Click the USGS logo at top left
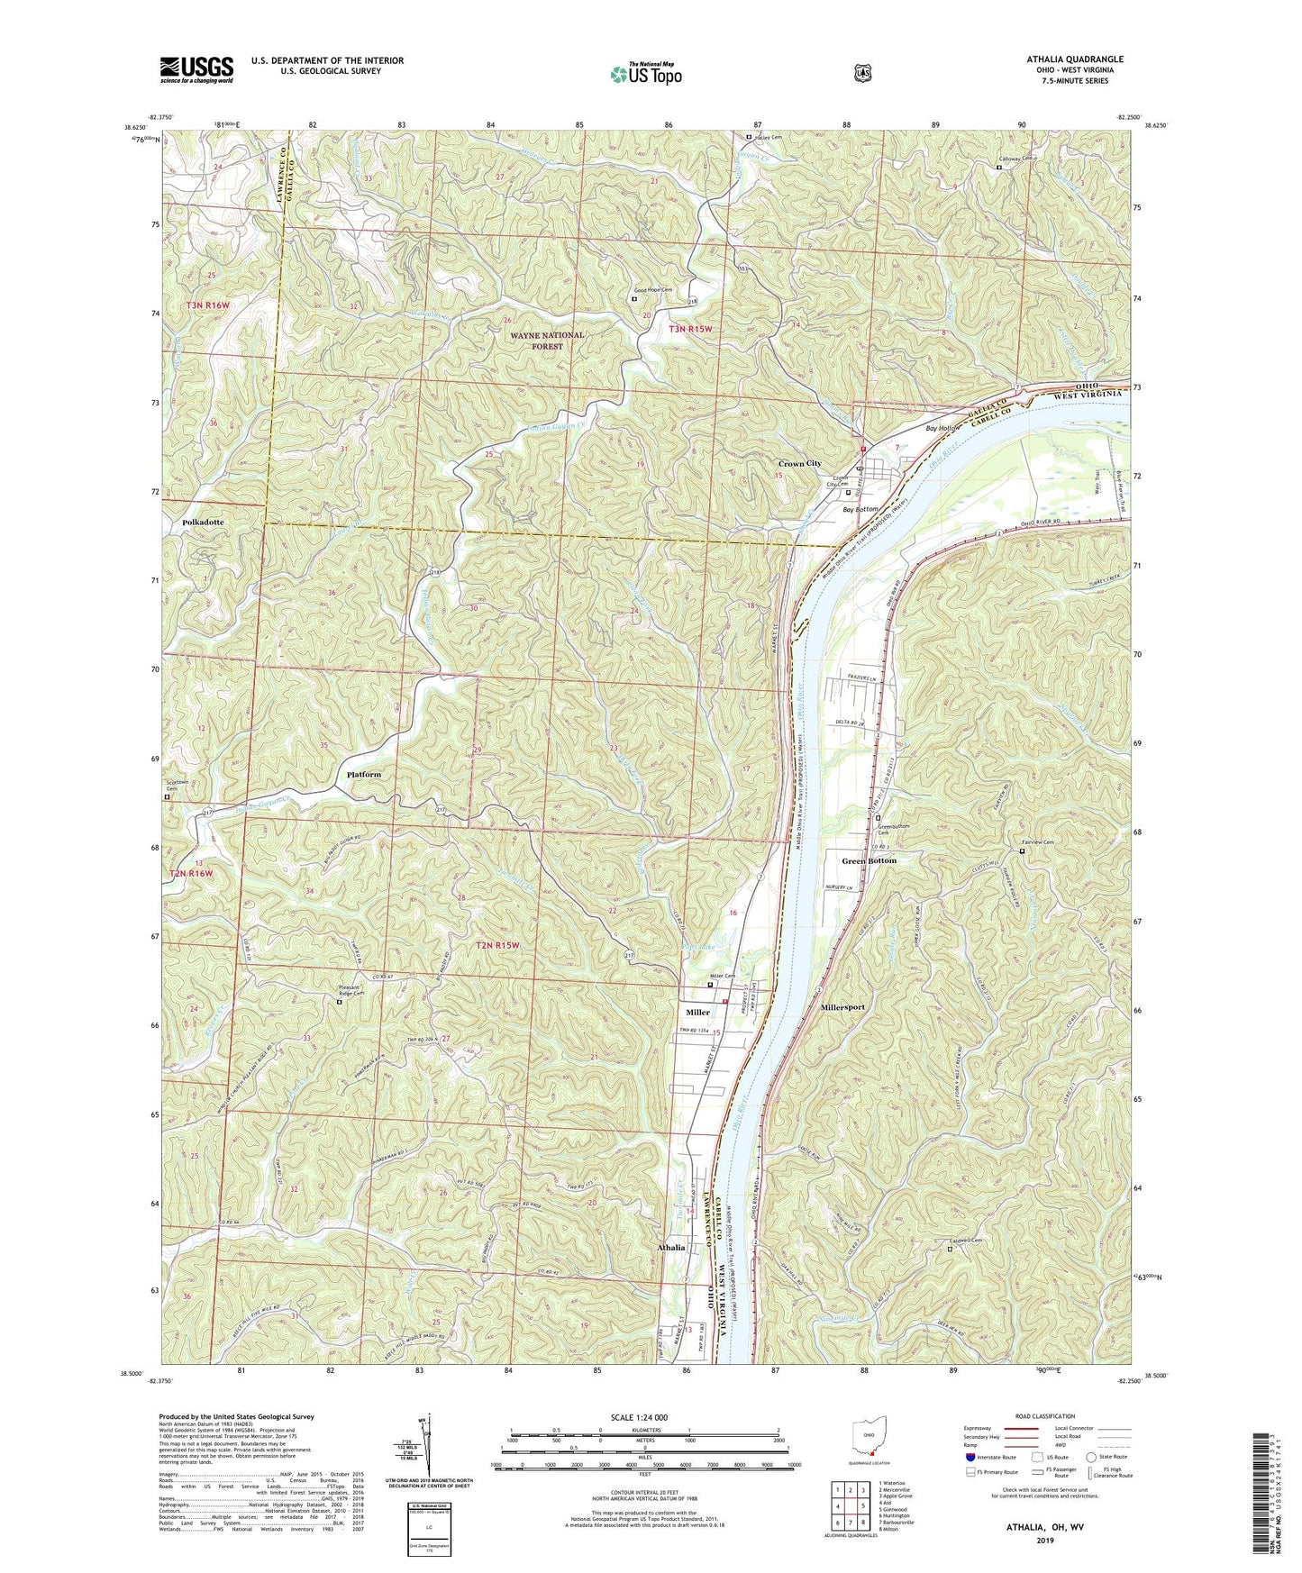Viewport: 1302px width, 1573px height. click(x=196, y=69)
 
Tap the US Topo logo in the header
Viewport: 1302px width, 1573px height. click(x=645, y=73)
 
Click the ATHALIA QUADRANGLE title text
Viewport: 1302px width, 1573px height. click(x=1074, y=59)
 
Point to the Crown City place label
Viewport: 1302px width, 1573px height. click(x=799, y=463)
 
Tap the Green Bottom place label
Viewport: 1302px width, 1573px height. click(x=869, y=860)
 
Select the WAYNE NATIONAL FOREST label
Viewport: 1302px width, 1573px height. click(x=547, y=340)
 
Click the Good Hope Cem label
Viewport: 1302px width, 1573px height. click(x=653, y=290)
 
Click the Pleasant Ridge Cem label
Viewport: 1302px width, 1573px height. click(x=345, y=990)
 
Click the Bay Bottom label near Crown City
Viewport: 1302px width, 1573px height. click(x=860, y=510)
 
